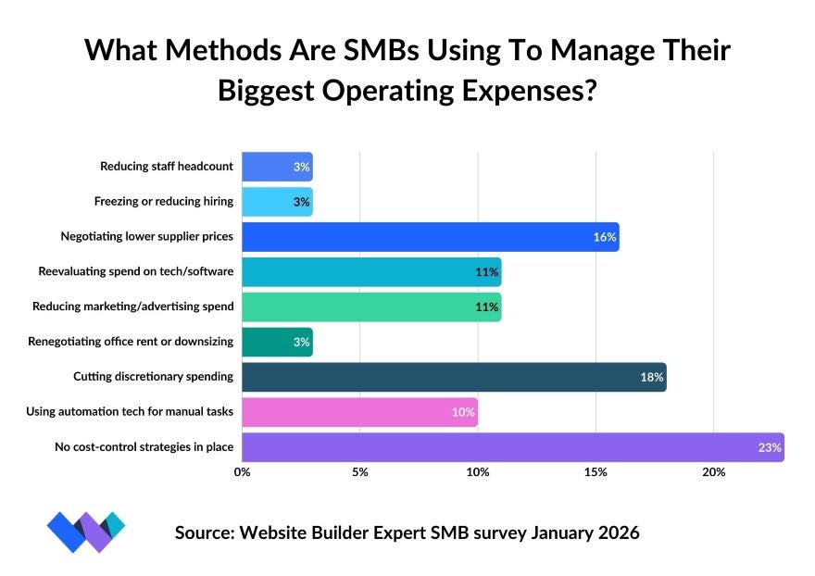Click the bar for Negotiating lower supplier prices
pos(430,237)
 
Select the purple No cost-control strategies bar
pos(512,447)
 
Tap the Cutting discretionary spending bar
pos(454,377)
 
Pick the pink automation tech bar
pos(359,412)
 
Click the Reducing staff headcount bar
pos(277,167)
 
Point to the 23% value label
pos(770,448)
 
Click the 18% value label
pos(652,378)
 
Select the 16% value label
pos(605,238)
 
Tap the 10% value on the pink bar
pos(463,413)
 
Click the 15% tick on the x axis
pos(596,472)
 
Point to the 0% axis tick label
pos(242,472)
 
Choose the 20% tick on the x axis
pos(713,472)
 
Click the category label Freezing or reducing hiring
pos(163,202)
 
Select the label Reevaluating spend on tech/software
pos(135,272)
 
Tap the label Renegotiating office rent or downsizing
pos(132,342)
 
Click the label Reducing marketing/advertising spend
pos(132,307)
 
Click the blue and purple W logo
pos(85,532)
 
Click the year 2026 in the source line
pos(610,533)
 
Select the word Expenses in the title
pos(524,92)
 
